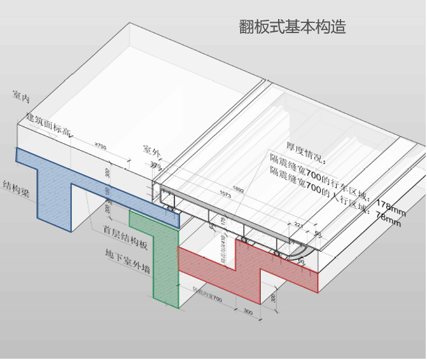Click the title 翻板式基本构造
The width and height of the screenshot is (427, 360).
[292, 27]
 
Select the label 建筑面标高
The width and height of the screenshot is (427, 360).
[50, 127]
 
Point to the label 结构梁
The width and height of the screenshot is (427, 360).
[17, 189]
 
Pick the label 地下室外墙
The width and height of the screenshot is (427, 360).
[128, 260]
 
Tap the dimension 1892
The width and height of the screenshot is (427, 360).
[238, 189]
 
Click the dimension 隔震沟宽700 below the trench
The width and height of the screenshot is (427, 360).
[208, 299]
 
